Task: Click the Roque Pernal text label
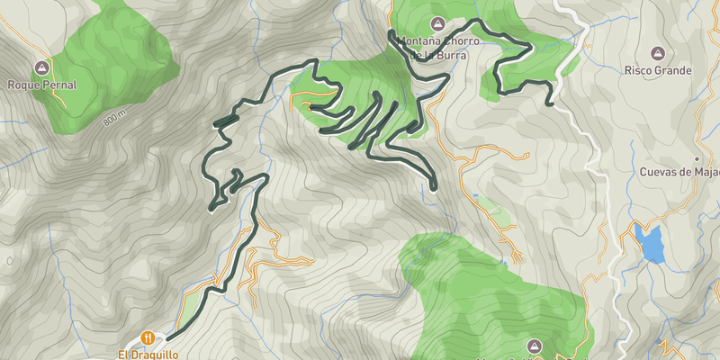(42, 85)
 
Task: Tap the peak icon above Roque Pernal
(41, 67)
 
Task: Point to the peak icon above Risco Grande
(659, 53)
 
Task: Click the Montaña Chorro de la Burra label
(436, 47)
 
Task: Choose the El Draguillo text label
(148, 355)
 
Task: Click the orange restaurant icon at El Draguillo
(147, 338)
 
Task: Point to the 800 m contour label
(116, 119)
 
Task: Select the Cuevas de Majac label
(679, 172)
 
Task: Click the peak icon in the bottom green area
(534, 346)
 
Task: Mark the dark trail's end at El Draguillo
(167, 338)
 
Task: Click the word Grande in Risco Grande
(673, 70)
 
